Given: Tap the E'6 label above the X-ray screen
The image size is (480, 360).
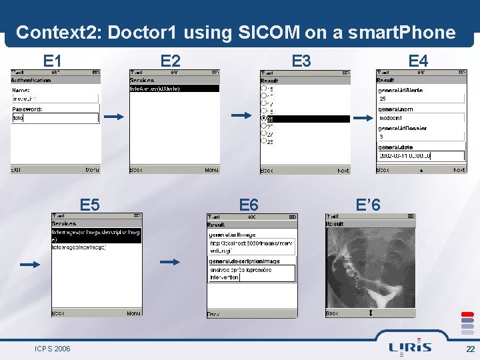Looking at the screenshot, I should tap(368, 205).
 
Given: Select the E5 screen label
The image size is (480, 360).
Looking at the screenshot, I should tap(90, 205).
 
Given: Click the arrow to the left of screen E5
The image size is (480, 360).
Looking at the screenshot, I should tap(30, 265).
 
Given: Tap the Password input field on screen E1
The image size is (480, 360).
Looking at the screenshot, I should tap(55, 118).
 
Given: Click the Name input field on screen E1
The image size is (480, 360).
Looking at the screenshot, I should tap(55, 99).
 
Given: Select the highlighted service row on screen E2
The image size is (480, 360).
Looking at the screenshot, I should tap(174, 88).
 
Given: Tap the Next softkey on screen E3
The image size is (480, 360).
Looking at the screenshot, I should tap(343, 171).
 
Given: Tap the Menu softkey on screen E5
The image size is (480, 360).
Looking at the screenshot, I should tap(133, 313).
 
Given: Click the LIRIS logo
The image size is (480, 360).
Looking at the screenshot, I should tap(410, 347).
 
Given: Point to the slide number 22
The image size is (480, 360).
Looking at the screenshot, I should tap(470, 349).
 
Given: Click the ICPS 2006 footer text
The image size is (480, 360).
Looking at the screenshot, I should tap(53, 349).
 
